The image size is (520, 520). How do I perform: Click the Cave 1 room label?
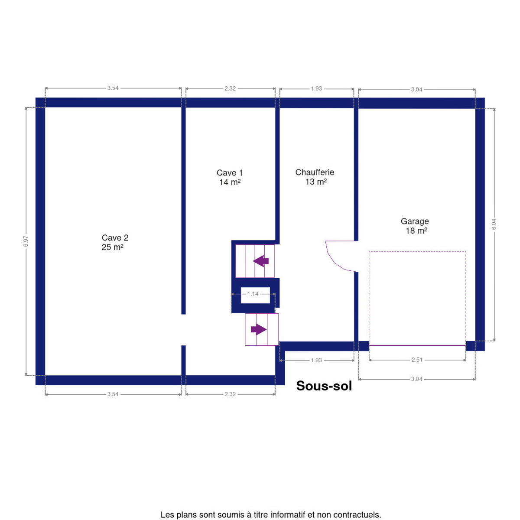[x=229, y=173]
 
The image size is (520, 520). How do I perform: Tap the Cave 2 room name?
[x=115, y=238]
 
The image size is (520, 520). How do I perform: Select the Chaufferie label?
[x=315, y=172]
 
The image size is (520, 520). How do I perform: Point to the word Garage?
[x=415, y=221]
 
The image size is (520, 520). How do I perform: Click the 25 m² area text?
[x=113, y=247]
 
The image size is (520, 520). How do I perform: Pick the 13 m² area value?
[x=316, y=182]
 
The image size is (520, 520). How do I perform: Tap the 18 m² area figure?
[x=416, y=231]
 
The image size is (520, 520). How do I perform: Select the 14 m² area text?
[x=230, y=182]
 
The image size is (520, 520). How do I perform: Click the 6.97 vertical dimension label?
[x=26, y=241]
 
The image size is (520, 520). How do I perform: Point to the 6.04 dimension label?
[x=494, y=224]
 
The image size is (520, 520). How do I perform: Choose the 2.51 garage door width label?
[x=417, y=360]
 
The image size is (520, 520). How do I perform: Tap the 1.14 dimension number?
[x=253, y=294]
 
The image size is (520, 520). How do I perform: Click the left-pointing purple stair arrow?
[x=261, y=261]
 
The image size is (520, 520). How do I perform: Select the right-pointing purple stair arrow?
[x=259, y=329]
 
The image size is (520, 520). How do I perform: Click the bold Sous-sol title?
[x=324, y=386]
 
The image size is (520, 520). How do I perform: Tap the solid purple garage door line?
[x=417, y=345]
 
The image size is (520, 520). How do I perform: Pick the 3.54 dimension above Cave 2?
[x=113, y=88]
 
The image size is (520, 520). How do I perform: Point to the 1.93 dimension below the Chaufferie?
[x=316, y=360]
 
